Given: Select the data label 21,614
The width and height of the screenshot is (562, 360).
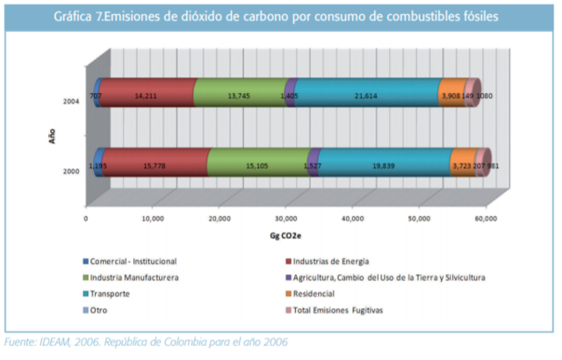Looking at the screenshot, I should [364, 96].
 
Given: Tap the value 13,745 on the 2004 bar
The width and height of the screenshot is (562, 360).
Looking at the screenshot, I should [238, 96].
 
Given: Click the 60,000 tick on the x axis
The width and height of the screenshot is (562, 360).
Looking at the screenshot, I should [485, 219].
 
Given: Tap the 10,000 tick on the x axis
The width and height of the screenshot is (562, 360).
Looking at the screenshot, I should [152, 219].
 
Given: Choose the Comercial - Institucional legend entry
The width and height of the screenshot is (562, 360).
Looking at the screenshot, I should [133, 262].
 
